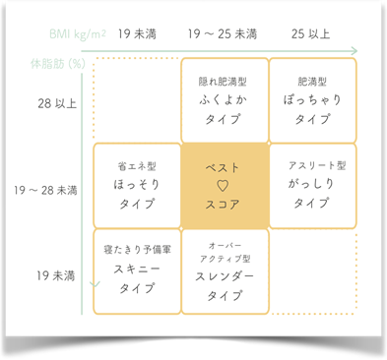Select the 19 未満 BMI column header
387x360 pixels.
(x=138, y=33)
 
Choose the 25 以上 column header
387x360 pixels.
(x=311, y=33)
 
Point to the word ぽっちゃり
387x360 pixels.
(x=312, y=99)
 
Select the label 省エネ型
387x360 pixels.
(x=137, y=166)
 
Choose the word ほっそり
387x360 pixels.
(x=137, y=184)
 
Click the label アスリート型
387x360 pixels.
(x=312, y=165)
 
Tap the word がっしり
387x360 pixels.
(x=312, y=184)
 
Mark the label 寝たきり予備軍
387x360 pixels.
(x=137, y=251)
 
